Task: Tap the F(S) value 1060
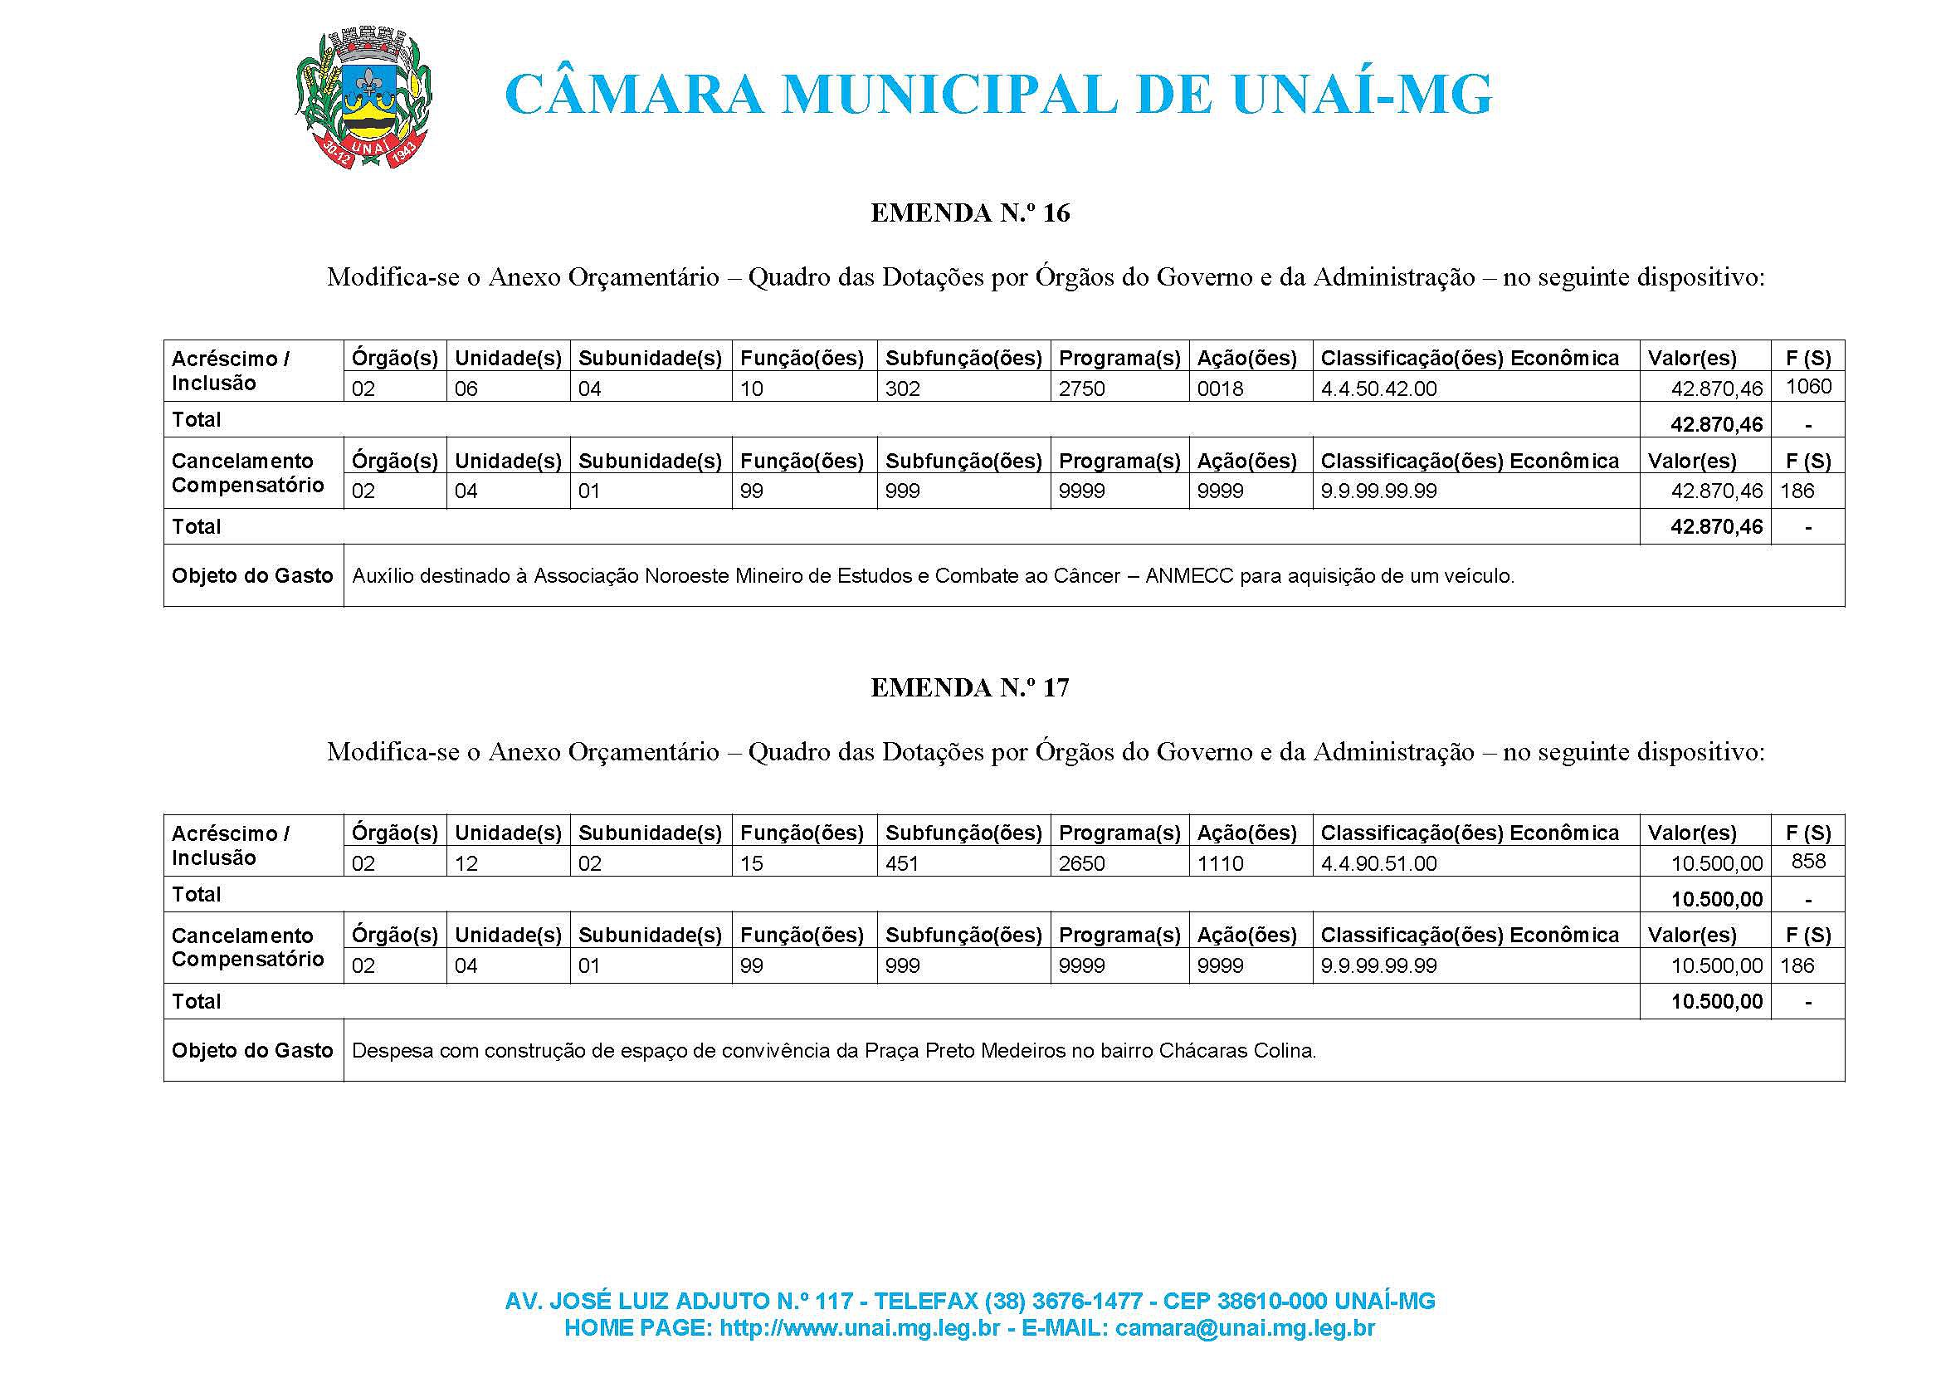pos(1808,387)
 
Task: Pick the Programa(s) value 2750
pos(1082,388)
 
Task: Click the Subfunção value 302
pos(903,388)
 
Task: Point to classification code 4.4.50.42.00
pos(1379,388)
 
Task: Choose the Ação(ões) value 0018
pos(1220,388)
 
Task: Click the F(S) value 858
pos(1808,862)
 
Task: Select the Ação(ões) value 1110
pos(1220,863)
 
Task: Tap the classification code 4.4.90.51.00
pos(1379,863)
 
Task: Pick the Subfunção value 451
pos(902,863)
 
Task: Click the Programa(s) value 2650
pos(1082,863)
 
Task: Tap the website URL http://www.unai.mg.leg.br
pos(860,1328)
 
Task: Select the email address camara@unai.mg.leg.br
pos(1245,1328)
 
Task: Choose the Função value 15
pos(752,863)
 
